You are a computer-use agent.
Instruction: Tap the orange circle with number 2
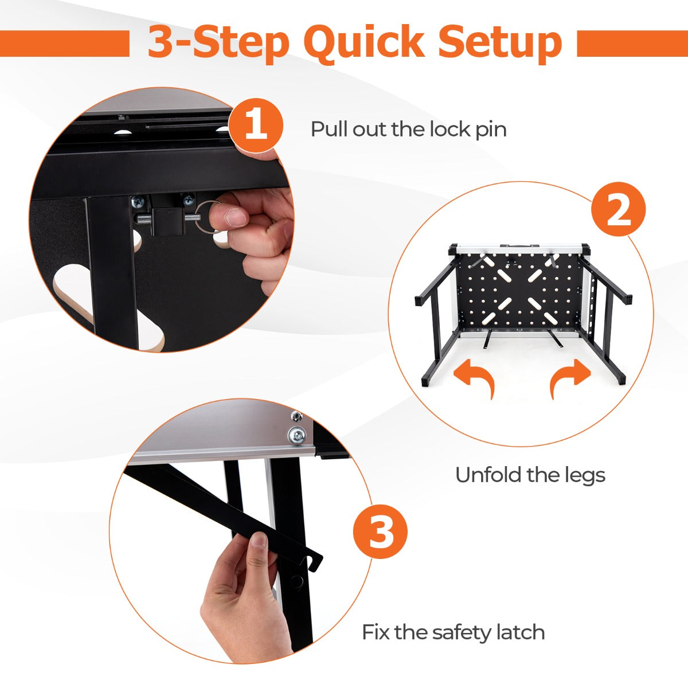tap(618, 210)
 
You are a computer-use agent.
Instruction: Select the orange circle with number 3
tap(380, 531)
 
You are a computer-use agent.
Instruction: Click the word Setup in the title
tap(500, 42)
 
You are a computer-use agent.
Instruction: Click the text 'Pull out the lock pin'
tap(408, 129)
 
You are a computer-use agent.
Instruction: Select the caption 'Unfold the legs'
tap(530, 475)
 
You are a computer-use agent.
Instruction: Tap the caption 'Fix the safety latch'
tap(453, 632)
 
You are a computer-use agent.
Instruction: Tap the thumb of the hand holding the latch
tap(259, 545)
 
